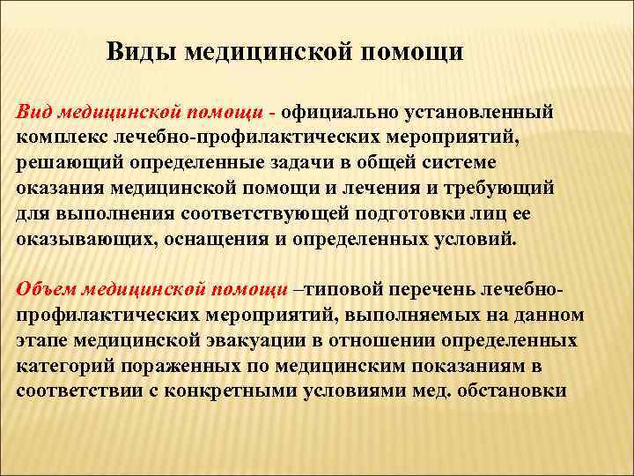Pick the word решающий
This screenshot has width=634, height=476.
click(59, 164)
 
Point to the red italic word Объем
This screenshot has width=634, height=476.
click(43, 290)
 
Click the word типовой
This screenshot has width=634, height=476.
click(337, 290)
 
